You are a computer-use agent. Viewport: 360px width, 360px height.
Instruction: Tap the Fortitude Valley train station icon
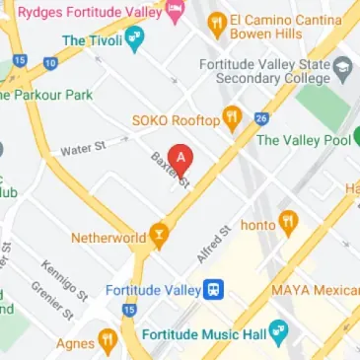[213, 290]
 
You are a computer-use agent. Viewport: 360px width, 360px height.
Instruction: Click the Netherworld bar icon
[158, 238]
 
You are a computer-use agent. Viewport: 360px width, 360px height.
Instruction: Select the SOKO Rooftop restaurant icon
[233, 120]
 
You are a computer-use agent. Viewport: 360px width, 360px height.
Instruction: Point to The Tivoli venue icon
[136, 40]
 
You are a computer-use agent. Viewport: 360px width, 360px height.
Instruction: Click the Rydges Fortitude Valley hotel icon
[177, 12]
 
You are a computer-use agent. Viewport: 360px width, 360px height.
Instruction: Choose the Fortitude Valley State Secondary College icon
[344, 70]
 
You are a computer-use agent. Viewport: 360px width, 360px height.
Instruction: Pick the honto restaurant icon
[288, 221]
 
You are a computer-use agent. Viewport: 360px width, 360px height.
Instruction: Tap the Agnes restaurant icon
[108, 342]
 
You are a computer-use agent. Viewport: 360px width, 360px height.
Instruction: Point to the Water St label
[83, 149]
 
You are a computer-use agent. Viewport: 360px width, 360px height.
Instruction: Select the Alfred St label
[213, 244]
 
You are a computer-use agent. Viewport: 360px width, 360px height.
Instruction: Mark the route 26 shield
[260, 119]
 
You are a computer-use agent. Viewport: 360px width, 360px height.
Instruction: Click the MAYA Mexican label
[315, 291]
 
